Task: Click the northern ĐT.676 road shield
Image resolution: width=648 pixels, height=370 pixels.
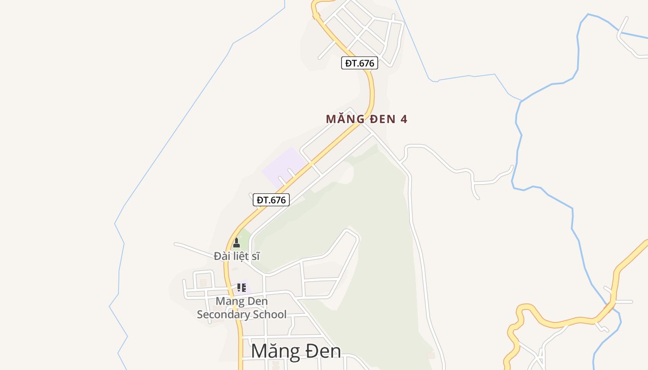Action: click(360, 63)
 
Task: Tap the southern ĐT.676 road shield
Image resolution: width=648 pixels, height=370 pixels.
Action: click(271, 200)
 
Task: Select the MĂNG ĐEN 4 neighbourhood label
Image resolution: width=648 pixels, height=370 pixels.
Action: click(366, 119)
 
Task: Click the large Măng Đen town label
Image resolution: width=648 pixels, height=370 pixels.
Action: click(296, 351)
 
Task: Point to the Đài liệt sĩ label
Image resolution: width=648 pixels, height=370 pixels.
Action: click(237, 256)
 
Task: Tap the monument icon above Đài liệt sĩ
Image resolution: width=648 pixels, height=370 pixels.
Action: click(237, 243)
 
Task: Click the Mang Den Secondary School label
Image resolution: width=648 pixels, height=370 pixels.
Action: click(242, 308)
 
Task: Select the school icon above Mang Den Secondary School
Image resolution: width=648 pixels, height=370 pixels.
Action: click(241, 288)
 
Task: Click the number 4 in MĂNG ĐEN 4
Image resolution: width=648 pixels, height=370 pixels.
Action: click(404, 119)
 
